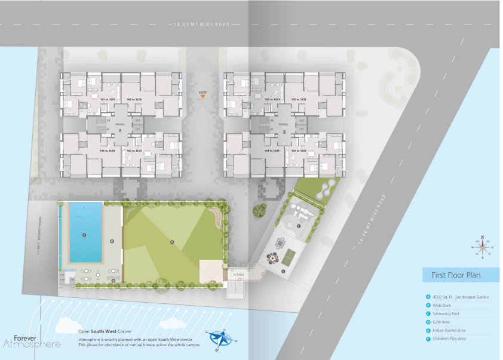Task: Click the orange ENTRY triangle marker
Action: pyautogui.click(x=204, y=98)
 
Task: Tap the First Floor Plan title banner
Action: pyautogui.click(x=459, y=275)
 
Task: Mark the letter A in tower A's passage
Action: pyautogui.click(x=120, y=130)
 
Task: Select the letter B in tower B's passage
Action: pyautogui.click(x=284, y=130)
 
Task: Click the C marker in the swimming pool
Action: pyautogui.click(x=84, y=235)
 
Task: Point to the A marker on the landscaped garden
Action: pyautogui.click(x=172, y=241)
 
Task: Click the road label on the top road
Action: pyautogui.click(x=201, y=24)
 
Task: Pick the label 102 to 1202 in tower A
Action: pyautogui.click(x=134, y=99)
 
